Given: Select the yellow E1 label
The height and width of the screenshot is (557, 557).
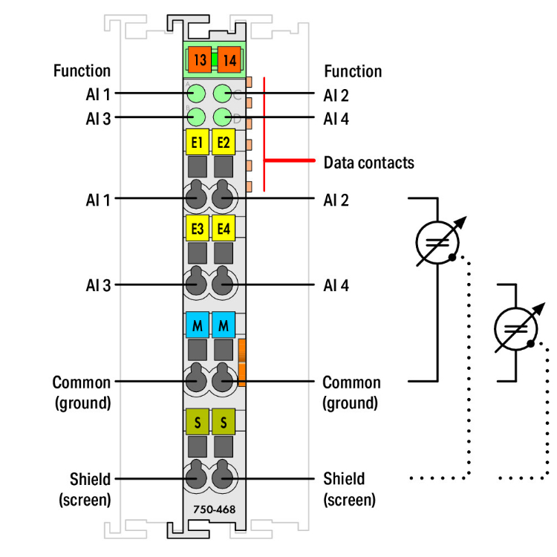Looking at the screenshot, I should pos(197,141).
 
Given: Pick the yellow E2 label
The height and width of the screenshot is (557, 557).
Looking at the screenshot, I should pos(223,141).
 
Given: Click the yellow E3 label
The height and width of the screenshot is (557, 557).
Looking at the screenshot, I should pos(197,228).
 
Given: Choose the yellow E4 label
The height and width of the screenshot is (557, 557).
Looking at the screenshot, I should pos(223,228).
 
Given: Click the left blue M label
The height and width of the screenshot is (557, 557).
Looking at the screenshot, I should pos(197,325).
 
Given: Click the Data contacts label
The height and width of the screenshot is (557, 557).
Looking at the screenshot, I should pos(368,162).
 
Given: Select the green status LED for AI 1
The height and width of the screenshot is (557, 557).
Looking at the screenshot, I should pos(196,94).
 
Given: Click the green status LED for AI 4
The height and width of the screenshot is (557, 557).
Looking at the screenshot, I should pos(223,117).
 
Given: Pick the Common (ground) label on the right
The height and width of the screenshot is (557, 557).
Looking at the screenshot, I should pos(351,392).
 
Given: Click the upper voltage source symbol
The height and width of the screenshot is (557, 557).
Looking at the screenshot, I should pos(437,242).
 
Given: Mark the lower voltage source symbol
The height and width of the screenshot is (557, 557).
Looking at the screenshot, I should pos(515,328).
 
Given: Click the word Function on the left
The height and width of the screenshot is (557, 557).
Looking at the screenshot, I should pos(82,71).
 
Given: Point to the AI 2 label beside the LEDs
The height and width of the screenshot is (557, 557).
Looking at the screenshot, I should pos(336,94).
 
